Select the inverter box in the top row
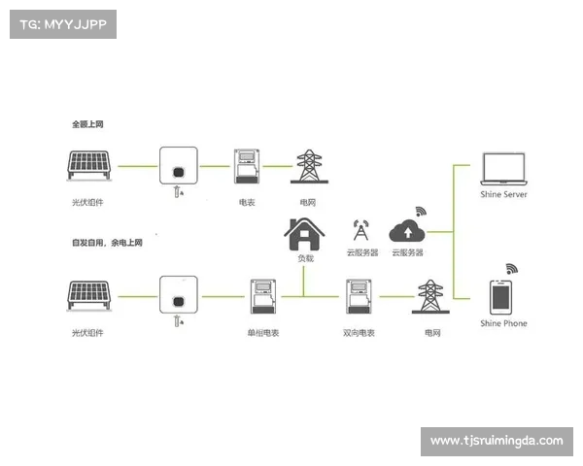point(178,167)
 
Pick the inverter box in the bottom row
point(178,297)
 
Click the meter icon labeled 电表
point(247,167)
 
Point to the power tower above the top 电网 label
point(308,166)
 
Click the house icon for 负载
point(304,234)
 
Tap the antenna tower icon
point(360,231)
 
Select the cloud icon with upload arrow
point(407,231)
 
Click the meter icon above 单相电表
point(262,297)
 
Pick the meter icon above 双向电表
point(359,297)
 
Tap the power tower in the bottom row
point(429,297)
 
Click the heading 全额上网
point(87,124)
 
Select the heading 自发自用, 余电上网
point(106,242)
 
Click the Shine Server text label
point(503,194)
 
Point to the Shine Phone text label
point(503,323)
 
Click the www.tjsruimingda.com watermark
point(497,441)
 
